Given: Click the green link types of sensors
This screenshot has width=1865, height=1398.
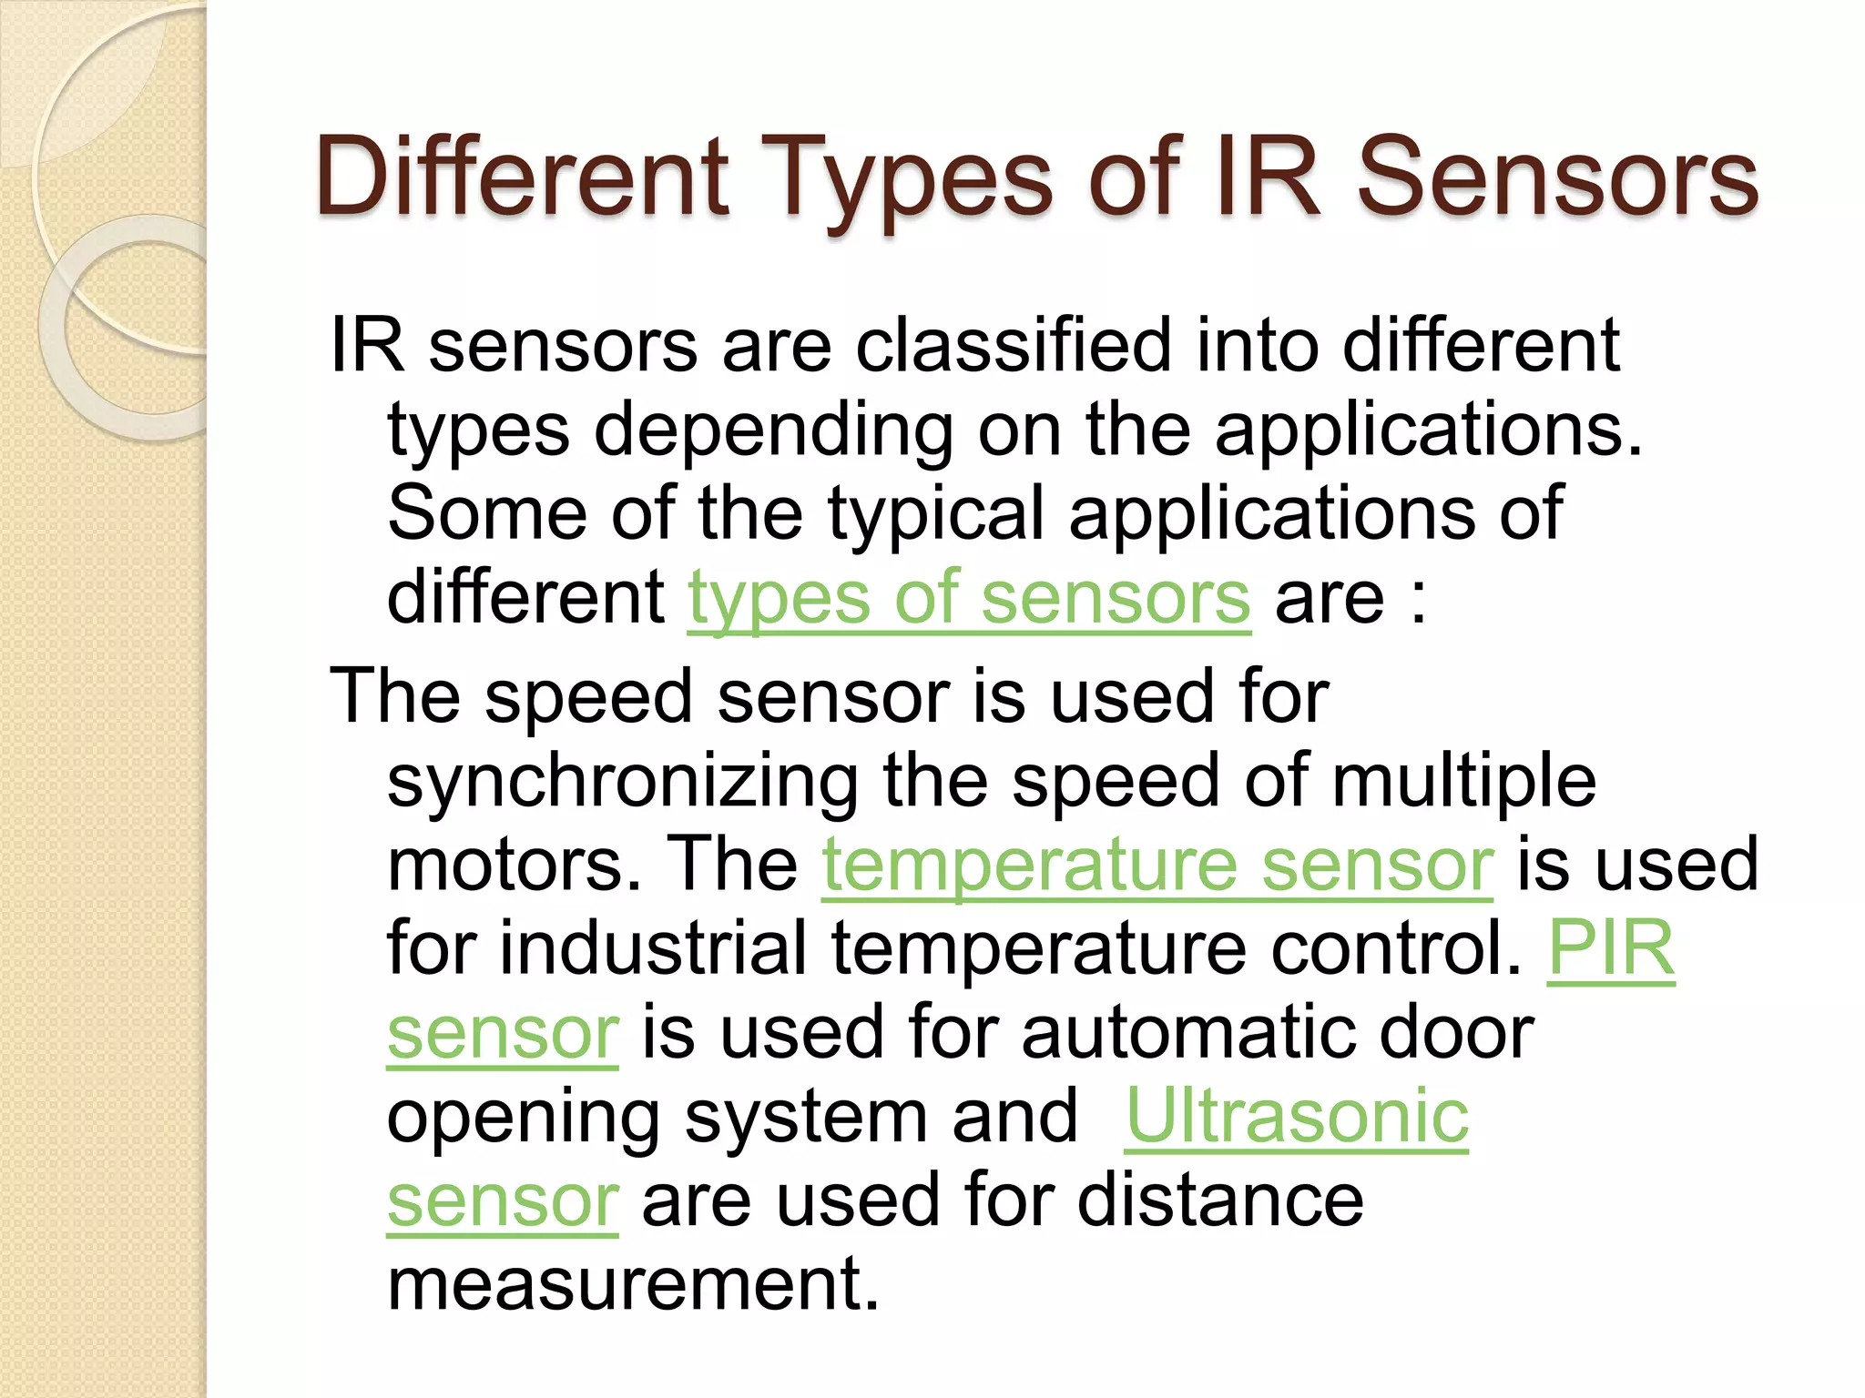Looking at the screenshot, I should pyautogui.click(x=969, y=597).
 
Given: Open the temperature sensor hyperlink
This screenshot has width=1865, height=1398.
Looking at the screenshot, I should pyautogui.click(x=1157, y=865).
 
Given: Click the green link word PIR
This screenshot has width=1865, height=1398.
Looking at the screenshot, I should pyautogui.click(x=1611, y=948).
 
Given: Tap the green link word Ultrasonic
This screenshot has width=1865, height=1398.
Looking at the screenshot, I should pyautogui.click(x=1297, y=1116).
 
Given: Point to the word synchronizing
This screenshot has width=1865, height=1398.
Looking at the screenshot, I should pyautogui.click(x=623, y=783).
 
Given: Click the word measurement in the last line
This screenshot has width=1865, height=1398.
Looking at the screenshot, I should pyautogui.click(x=634, y=1283).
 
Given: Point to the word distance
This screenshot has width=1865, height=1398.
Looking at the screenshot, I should pyautogui.click(x=1220, y=1200).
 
